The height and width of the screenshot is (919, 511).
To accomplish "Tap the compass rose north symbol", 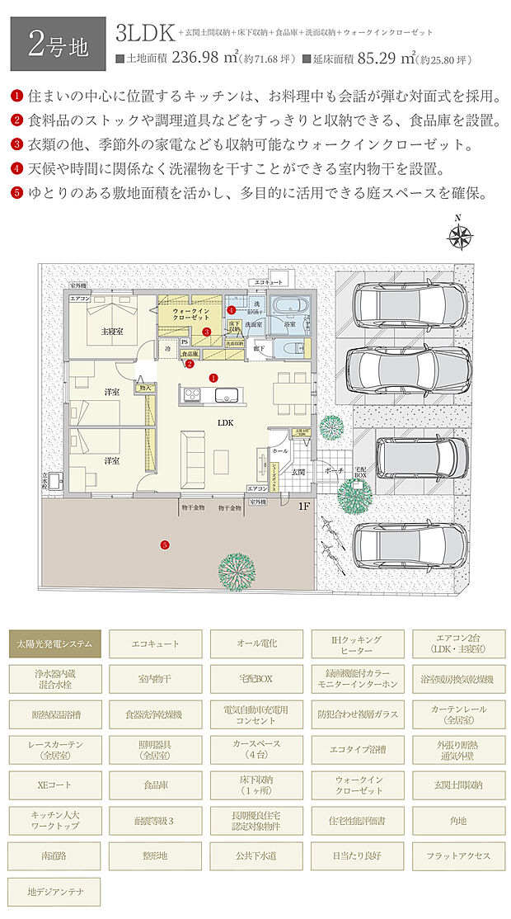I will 459,237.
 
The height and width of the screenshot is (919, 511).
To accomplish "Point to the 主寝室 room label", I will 112,331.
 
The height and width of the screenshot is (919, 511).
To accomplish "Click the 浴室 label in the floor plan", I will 290,325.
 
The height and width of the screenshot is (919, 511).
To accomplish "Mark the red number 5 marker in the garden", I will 165,544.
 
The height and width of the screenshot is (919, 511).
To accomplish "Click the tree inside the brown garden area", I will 236,568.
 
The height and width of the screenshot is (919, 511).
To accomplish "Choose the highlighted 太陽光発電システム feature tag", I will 56,643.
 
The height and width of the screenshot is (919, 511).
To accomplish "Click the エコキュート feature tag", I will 156,643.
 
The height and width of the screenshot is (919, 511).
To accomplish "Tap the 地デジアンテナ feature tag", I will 56,892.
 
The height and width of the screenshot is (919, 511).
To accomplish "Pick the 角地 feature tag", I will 458,821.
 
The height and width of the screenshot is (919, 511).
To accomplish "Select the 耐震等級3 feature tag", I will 156,821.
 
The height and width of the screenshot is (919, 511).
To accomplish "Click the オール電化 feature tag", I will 257,643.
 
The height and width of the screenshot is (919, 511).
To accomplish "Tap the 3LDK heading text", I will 145,33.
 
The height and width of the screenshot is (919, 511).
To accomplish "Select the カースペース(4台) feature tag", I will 257,750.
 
